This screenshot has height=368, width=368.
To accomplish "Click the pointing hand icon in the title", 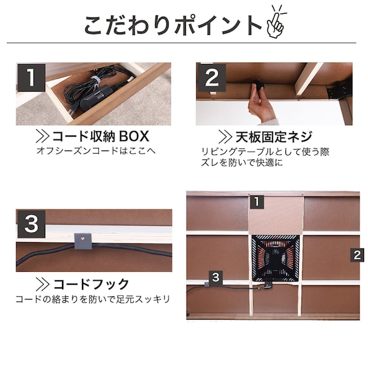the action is pos(276,23).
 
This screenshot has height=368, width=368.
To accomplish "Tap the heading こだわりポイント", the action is pos(173,25).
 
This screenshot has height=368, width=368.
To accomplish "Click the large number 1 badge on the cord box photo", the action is pos(31,77).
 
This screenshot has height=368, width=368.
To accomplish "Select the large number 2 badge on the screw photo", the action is pos(212,77).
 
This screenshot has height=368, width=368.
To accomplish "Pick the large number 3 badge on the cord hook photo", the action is pos(31,224).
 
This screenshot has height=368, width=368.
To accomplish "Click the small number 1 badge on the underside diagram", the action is pos(257,202).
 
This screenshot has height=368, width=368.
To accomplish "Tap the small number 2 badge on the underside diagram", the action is pos(357,255).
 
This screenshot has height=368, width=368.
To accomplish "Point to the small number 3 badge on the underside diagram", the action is pos(216,278).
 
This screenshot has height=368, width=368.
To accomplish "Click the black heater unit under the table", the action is pos(276,258).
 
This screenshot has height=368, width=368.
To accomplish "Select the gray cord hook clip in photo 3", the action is pos(83,241).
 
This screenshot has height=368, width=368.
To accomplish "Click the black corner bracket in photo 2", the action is pos(340,90).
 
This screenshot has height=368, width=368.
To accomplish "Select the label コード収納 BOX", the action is pos(101,136).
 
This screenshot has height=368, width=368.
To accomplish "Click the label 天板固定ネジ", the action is pos(274,137).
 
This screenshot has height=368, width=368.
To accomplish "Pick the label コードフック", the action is pos(91,284).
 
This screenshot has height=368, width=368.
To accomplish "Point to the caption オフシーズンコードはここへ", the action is pos(96,150).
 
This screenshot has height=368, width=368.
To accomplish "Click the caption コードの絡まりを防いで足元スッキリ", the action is pos(93,299).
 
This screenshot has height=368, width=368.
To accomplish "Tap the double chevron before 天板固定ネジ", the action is pos(225,137).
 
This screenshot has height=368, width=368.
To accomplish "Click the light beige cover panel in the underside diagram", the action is pos(276,215).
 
